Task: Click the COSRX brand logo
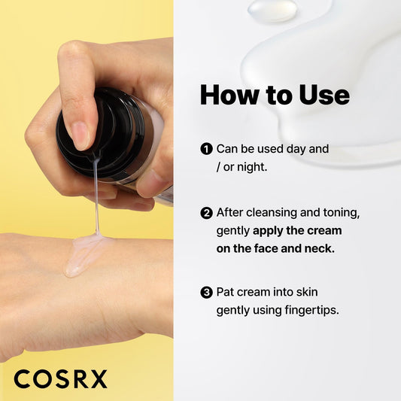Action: (60, 378)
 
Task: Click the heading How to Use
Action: (275, 95)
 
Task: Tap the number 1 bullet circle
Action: (206, 149)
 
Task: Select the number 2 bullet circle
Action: (206, 213)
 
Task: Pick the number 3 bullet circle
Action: (206, 290)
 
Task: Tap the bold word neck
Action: (318, 248)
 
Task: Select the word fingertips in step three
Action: (308, 309)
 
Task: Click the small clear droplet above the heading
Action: (272, 10)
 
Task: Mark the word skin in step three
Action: (315, 290)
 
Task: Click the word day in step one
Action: (299, 149)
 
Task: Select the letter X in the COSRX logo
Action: (98, 378)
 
